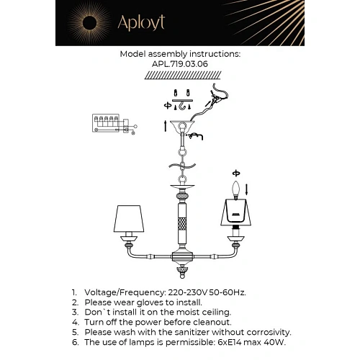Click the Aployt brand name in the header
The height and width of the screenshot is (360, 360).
pos(141,23)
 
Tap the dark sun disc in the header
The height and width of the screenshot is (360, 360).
pos(89,23)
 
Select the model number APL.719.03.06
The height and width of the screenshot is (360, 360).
pos(180,64)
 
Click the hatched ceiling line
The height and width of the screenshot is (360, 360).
pos(183,76)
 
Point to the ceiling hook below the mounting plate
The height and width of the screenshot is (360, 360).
pos(182,106)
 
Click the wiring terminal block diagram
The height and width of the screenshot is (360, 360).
pos(114,124)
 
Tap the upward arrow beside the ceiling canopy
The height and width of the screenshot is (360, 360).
pos(165,126)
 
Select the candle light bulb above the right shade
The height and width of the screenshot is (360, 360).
pos(236,190)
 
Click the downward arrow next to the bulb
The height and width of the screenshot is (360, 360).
pos(246,189)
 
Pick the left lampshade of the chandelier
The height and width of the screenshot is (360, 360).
pos(129,218)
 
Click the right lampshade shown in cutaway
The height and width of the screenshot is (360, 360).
pos(236,212)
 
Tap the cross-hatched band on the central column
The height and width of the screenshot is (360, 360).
pos(182,225)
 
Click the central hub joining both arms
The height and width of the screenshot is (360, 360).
pos(182,256)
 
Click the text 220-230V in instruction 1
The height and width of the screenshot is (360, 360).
pos(188,292)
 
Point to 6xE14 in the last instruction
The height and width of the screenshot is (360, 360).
pos(230,342)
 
